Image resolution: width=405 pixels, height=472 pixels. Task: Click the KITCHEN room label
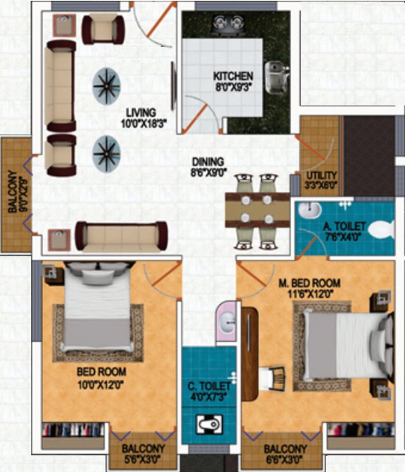click(x=233, y=76)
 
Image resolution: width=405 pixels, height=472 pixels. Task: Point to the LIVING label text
click(x=140, y=112)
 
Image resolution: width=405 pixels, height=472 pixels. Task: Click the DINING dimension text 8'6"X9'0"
click(x=209, y=173)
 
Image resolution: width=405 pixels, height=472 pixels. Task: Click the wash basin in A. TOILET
click(x=308, y=212)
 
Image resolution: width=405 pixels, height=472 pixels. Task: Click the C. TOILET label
click(x=209, y=386)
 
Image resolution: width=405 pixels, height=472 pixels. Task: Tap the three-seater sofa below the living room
click(x=121, y=235)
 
